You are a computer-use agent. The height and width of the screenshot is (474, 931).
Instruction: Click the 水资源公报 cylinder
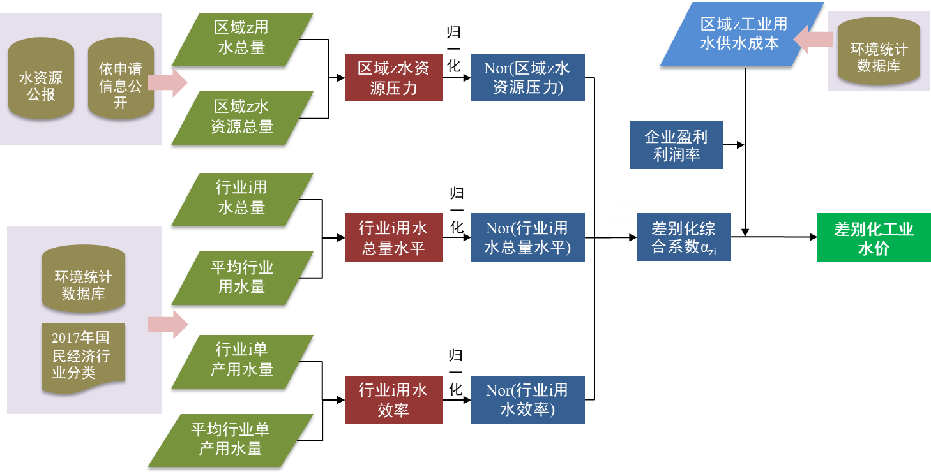point(41,79)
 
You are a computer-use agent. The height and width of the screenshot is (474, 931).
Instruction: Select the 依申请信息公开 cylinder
point(121,79)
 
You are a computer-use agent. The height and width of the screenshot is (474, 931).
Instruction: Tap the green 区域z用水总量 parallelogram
point(242,38)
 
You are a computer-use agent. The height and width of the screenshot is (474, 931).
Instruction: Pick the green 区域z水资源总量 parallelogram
point(242,117)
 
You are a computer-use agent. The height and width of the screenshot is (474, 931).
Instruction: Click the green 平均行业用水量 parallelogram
point(242,278)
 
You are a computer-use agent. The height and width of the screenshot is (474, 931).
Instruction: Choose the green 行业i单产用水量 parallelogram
point(242,361)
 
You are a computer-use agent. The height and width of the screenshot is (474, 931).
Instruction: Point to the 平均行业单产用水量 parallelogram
point(231,440)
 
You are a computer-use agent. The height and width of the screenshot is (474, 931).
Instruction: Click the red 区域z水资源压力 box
point(393,78)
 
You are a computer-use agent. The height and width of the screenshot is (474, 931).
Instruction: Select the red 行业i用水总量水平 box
point(393,237)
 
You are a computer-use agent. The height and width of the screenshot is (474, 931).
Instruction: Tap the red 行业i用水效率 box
point(393,400)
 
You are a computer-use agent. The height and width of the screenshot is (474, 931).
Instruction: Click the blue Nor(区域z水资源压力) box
point(527,78)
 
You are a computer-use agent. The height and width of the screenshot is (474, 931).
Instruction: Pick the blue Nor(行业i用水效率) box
point(527,400)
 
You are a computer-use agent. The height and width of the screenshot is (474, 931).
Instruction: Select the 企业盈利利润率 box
point(676,145)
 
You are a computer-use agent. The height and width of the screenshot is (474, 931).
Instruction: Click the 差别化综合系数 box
point(683,237)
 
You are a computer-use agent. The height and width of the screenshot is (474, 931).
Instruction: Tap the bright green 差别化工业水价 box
point(874,237)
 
